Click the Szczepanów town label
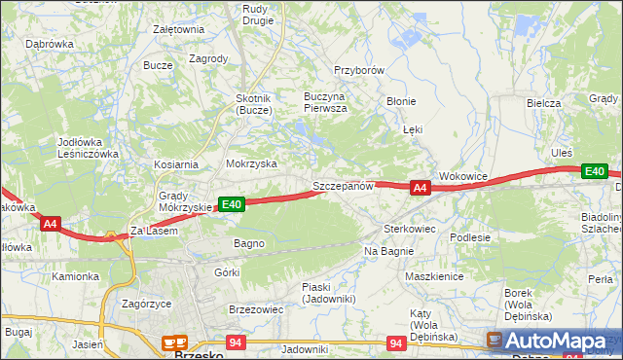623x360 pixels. (x=343, y=186)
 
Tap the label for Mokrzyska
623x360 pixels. (x=251, y=164)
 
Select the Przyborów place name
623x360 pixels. (x=360, y=71)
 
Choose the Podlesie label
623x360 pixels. (x=469, y=236)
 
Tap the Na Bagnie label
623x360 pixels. (x=389, y=251)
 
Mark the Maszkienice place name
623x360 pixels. (x=433, y=276)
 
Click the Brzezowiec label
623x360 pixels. (x=255, y=308)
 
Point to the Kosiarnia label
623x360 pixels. (x=175, y=165)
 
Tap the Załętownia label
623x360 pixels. (x=178, y=29)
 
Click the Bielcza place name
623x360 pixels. (x=544, y=103)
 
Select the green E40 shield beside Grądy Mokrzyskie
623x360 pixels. (x=231, y=204)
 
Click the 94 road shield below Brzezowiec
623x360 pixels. (x=235, y=343)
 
